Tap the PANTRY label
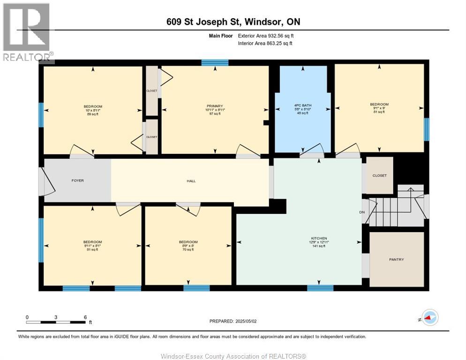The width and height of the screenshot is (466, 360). (396, 259)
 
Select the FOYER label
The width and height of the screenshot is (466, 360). (77, 180)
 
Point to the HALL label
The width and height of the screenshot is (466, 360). (191, 181)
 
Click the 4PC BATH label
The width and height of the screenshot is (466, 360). (303, 105)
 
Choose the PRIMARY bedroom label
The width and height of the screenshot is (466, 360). (215, 106)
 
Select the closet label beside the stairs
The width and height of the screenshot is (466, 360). (379, 175)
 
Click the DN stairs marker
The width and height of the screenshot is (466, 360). (362, 212)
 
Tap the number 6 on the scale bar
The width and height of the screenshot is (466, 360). (85, 317)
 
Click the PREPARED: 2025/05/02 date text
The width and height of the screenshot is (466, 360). (234, 321)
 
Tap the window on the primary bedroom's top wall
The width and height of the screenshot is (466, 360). (215, 62)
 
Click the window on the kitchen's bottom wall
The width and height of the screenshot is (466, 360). (320, 288)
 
